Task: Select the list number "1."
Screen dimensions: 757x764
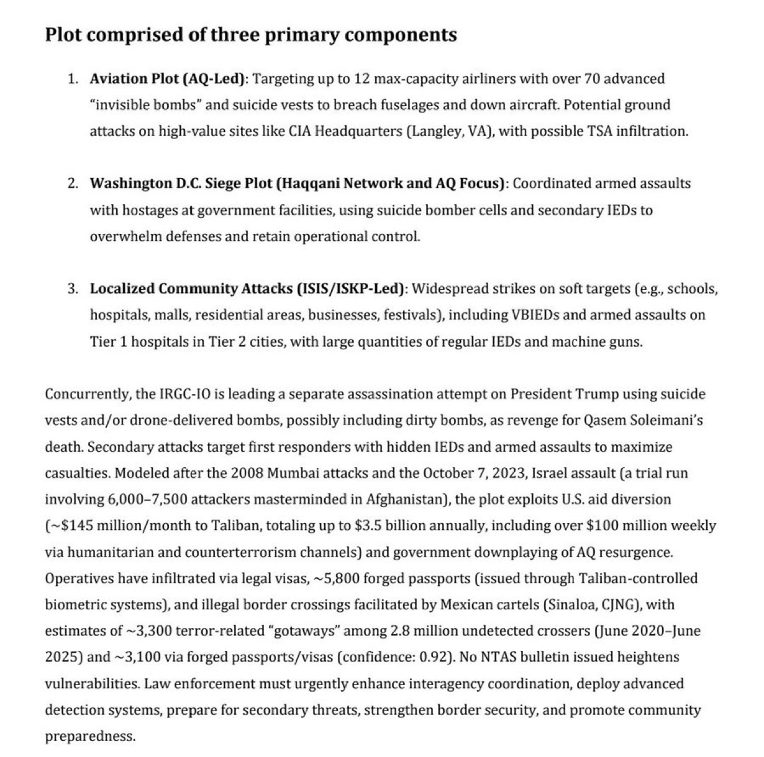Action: (73, 79)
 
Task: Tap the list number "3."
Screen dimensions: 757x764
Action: (73, 289)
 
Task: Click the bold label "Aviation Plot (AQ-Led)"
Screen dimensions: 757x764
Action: (168, 79)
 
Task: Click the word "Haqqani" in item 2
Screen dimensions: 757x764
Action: (308, 184)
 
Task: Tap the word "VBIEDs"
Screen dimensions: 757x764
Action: (535, 315)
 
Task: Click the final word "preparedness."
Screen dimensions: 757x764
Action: (90, 737)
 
